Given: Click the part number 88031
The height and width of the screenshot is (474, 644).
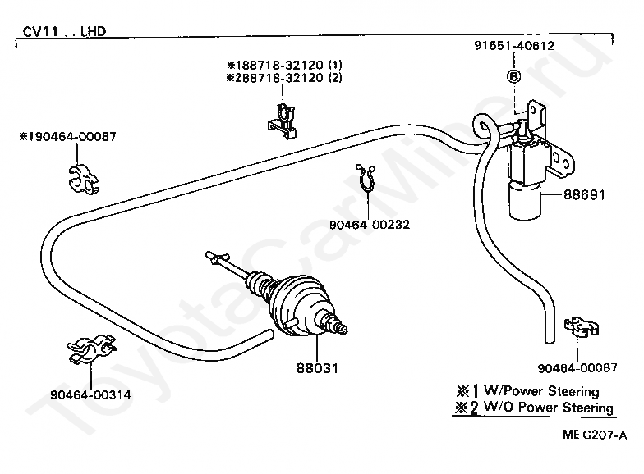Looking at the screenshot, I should (316, 370).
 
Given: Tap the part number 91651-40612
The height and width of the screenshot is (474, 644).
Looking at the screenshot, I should (514, 46).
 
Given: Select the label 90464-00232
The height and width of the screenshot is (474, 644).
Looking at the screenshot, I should (370, 223).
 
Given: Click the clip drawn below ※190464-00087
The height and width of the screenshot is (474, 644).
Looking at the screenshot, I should (82, 179).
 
